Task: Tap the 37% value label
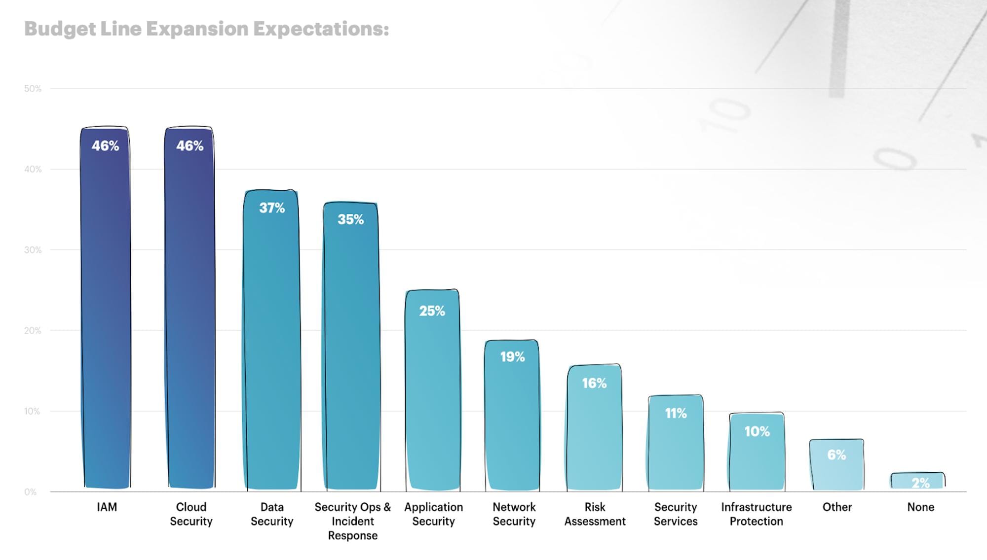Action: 272,208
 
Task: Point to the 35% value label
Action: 350,219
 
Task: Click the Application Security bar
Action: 433,394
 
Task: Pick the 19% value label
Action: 512,357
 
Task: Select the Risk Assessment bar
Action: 594,434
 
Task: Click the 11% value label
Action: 676,413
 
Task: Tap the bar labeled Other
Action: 836,466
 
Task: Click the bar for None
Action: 918,481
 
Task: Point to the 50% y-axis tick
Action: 33,89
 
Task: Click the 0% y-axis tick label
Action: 31,492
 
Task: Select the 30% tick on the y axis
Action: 33,250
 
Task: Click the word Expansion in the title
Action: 197,29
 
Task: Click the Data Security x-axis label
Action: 272,514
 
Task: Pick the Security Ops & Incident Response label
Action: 352,521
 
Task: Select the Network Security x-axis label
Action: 514,514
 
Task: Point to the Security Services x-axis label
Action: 676,514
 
